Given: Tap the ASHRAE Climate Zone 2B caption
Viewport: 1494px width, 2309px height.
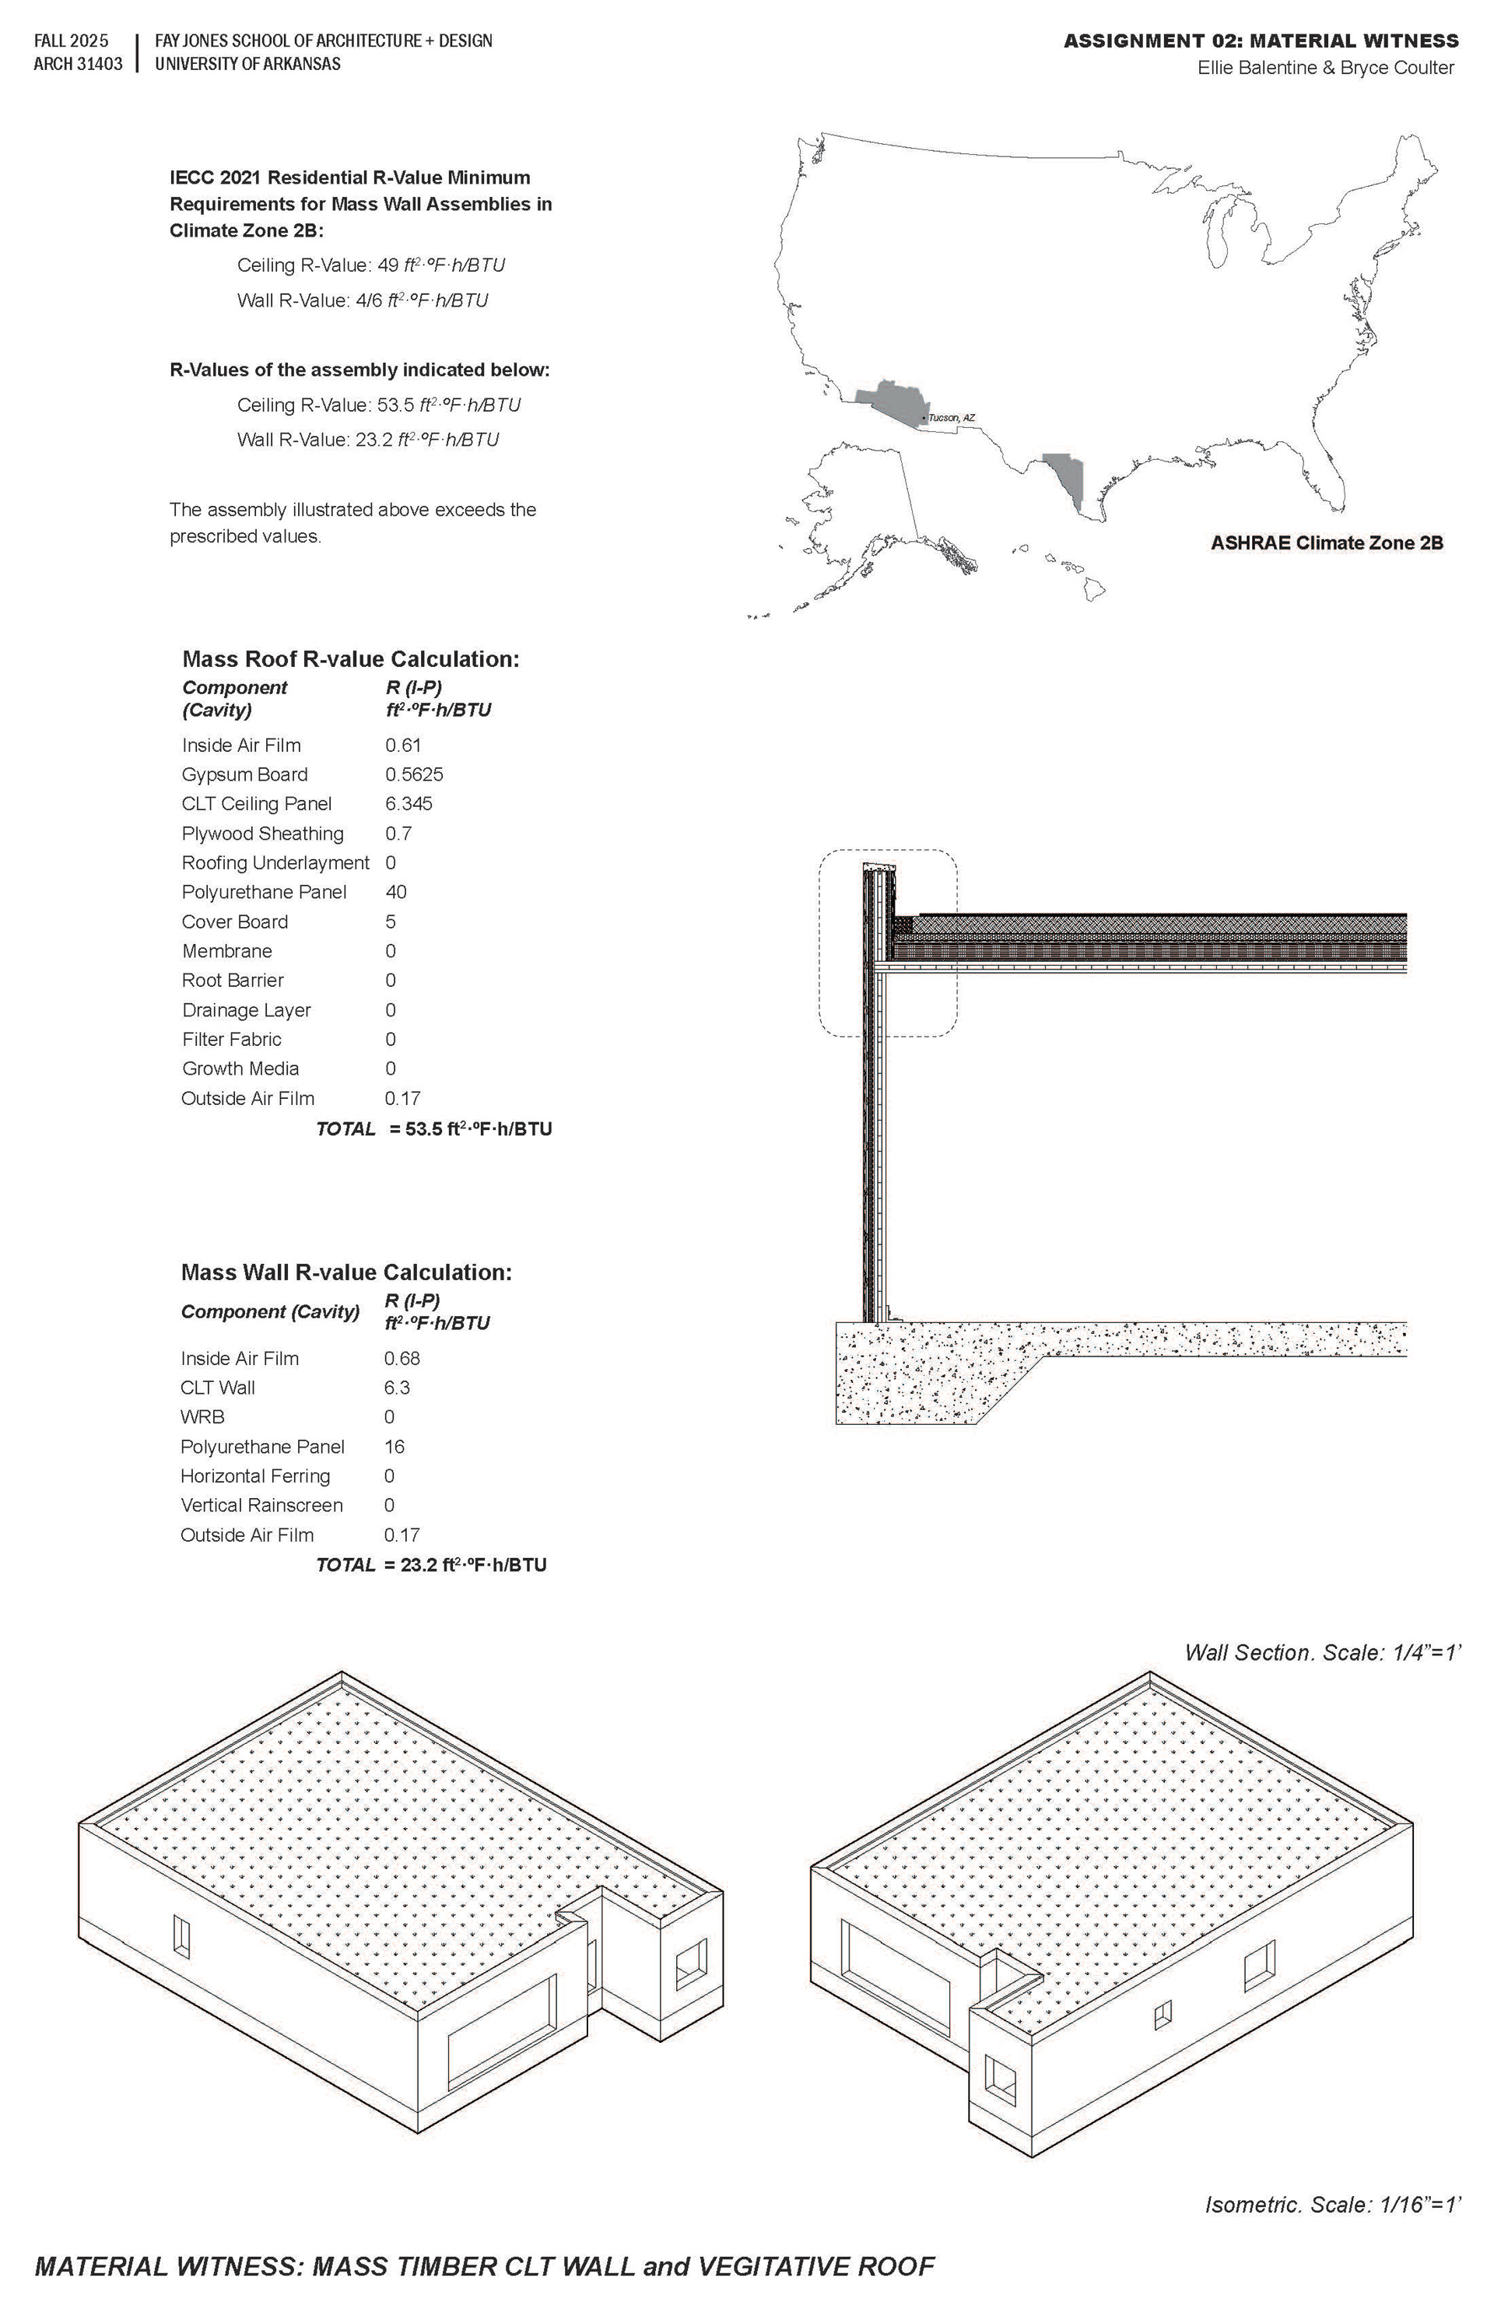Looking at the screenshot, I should (1326, 543).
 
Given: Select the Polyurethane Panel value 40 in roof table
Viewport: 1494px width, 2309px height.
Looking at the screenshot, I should (396, 893).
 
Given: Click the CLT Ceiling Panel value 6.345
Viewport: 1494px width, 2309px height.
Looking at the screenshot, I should (409, 804).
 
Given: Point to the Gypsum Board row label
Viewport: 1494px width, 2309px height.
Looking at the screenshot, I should (244, 775).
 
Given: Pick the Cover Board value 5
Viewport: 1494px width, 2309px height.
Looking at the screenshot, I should (390, 921).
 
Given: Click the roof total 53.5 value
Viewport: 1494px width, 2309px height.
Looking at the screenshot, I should (471, 1129).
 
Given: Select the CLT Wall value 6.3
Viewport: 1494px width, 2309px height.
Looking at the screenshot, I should (397, 1388).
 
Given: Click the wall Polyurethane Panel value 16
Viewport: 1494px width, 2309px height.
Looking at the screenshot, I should (394, 1448).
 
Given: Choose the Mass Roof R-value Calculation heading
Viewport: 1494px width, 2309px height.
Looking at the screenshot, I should (350, 660).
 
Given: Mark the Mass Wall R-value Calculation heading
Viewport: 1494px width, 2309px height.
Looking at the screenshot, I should (345, 1273).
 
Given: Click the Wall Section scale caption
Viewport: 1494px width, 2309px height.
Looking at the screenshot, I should (1322, 1653).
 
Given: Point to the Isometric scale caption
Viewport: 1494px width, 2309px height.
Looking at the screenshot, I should (1332, 2205).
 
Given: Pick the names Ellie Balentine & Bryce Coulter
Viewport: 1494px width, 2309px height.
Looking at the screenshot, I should (1325, 68).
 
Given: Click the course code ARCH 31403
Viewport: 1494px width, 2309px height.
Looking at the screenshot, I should (78, 64).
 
